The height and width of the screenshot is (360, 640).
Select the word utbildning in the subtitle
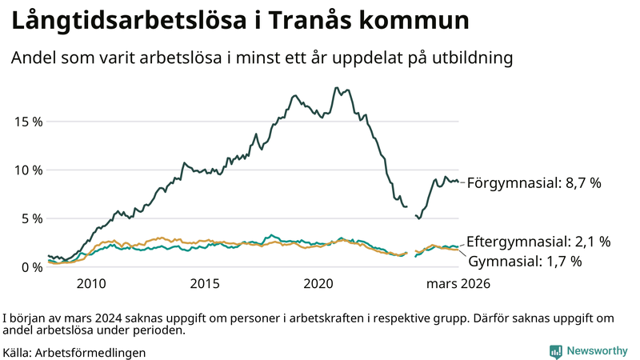[x=468, y=58]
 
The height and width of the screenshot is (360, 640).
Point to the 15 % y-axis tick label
[x=29, y=122]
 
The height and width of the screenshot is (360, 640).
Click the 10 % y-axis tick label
[x=29, y=170]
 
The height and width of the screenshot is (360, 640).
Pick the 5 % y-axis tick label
[x=32, y=218]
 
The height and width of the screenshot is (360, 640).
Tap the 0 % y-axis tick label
[x=32, y=267]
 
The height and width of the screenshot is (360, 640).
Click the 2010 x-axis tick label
[x=91, y=283]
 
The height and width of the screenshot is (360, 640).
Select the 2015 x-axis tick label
[x=206, y=283]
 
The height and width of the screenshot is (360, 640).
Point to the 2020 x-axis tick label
[x=319, y=283]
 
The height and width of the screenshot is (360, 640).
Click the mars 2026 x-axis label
[x=458, y=283]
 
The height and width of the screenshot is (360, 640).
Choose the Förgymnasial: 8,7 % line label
[x=534, y=183]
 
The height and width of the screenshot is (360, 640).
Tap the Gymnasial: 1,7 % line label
[x=524, y=261]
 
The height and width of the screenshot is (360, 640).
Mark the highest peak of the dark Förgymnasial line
[x=336, y=88]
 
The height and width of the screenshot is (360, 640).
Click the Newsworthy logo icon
[x=555, y=351]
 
